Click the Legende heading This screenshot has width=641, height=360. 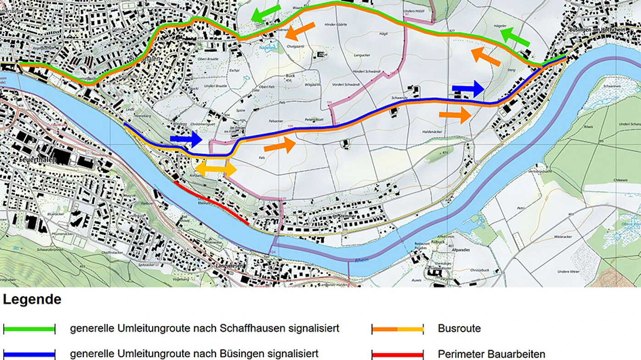[32, 300]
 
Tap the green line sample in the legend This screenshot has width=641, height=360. [29, 329]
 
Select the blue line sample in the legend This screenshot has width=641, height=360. [29, 354]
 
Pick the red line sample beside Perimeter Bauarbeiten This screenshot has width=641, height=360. [397, 354]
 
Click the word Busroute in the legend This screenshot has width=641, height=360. [459, 329]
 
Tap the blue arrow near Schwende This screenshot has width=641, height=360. [468, 89]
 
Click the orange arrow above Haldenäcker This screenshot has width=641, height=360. [455, 115]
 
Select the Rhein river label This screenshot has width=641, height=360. [362, 260]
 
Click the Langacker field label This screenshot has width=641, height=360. [362, 55]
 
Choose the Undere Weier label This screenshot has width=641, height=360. [567, 272]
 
